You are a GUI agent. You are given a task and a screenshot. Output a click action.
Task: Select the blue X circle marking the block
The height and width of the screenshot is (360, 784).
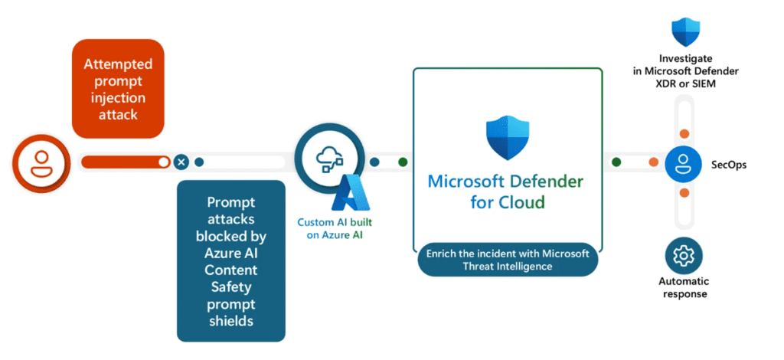[x=181, y=162]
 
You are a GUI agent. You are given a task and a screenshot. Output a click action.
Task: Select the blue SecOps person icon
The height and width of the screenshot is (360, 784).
[x=684, y=162]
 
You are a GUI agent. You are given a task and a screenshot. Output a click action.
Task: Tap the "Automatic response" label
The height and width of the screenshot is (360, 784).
[x=684, y=288]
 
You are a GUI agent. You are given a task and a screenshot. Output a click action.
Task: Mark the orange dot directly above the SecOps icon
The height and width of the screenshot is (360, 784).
[x=684, y=133]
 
